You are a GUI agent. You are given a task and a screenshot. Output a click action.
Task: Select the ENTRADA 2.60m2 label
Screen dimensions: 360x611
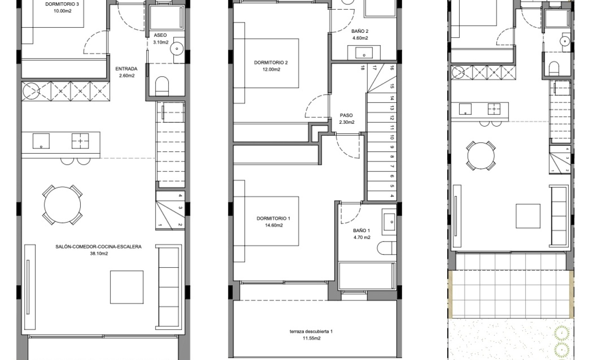point(126,72)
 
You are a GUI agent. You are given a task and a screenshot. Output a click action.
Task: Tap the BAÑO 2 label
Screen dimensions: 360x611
point(360,35)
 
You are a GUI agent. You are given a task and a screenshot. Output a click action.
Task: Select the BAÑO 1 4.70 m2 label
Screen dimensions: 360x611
point(361,234)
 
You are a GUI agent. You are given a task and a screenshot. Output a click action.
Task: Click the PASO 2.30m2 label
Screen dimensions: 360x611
point(347,119)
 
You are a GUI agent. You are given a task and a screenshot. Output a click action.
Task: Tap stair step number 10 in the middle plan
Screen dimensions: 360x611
point(391,138)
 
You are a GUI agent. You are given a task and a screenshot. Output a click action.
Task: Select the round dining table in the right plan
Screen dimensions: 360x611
point(481,156)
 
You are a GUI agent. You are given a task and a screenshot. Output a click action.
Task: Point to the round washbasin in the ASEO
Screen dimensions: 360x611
point(176,48)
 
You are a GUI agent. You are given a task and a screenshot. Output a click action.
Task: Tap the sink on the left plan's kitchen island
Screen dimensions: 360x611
point(42,141)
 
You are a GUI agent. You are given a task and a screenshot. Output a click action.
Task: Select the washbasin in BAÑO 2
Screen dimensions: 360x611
point(365,52)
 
